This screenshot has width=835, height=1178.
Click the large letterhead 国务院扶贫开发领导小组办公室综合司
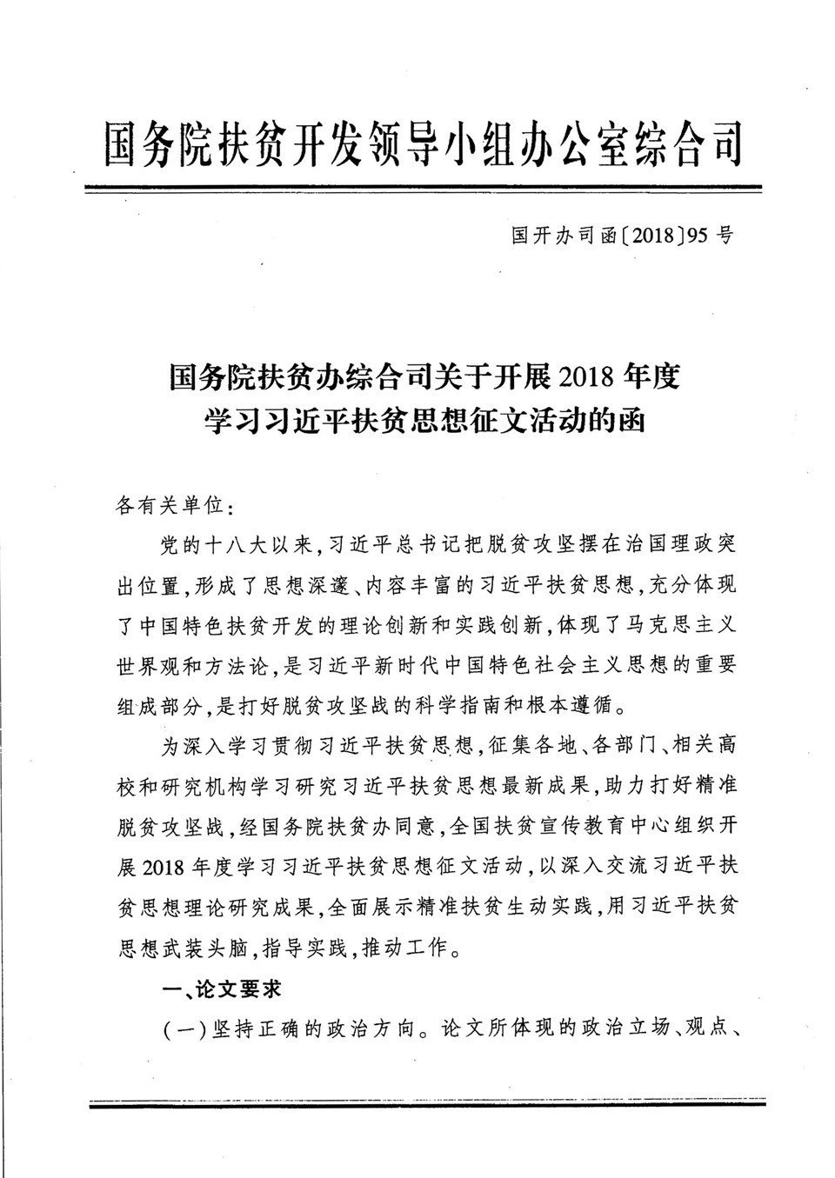424,141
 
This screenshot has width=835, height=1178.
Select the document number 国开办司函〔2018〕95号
622,235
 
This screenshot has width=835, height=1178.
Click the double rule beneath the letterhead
424,187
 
